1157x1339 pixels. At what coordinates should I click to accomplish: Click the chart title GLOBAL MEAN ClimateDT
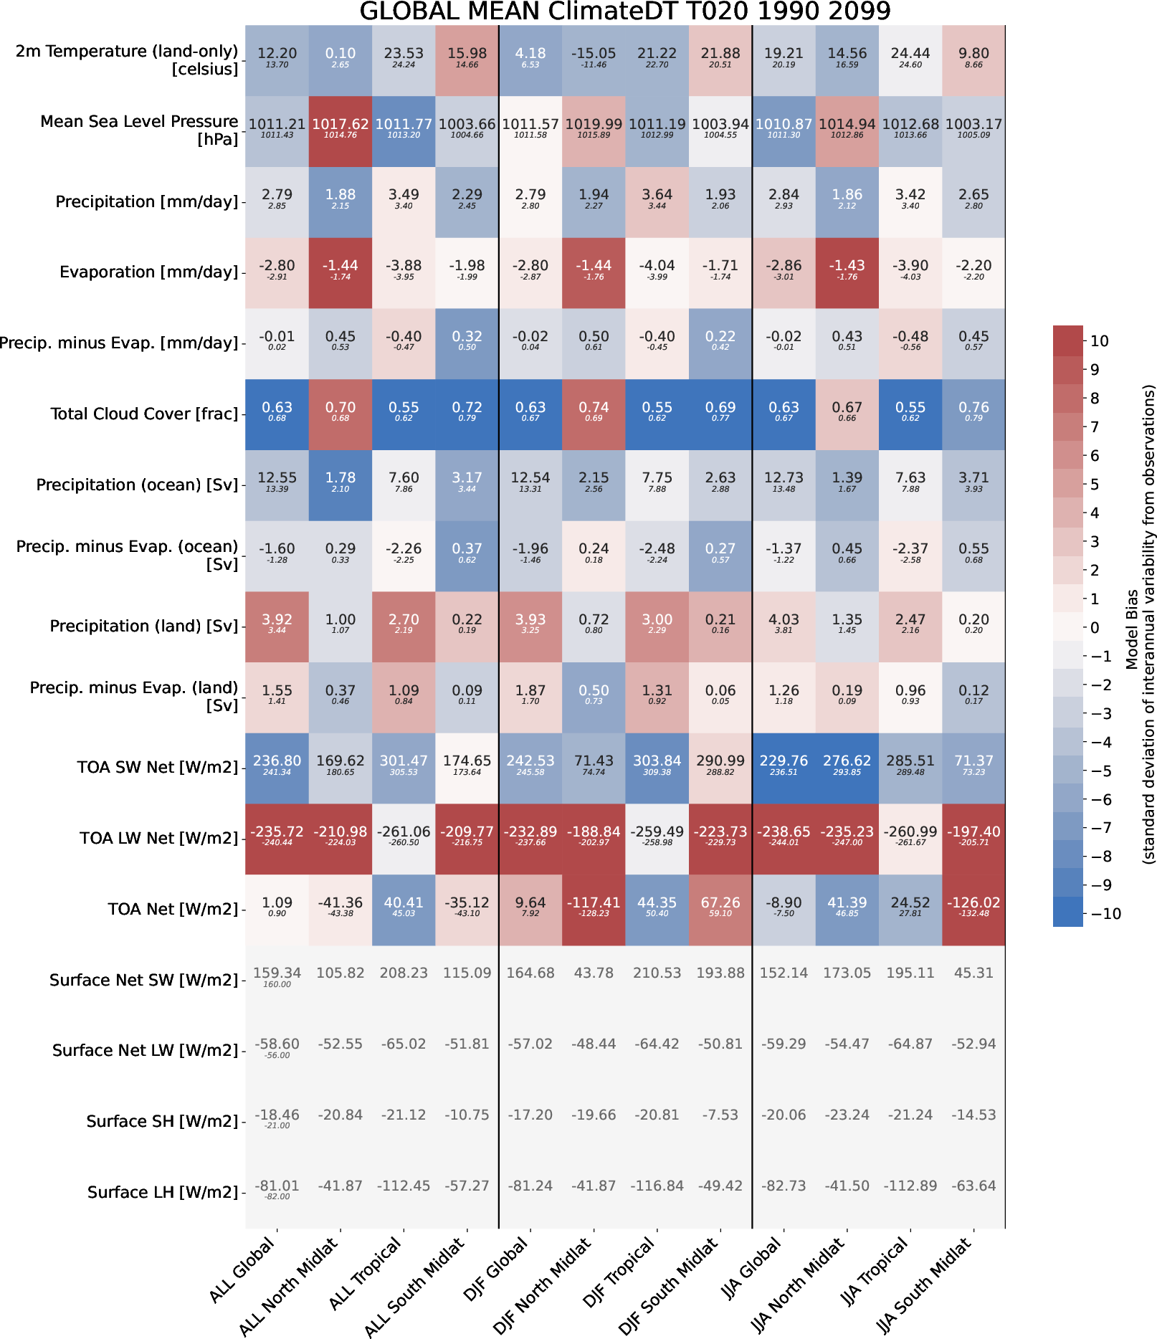pyautogui.click(x=624, y=11)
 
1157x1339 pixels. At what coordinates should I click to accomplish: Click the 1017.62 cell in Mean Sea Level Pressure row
pyautogui.click(x=341, y=131)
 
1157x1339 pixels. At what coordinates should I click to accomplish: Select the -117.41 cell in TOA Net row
pyautogui.click(x=594, y=910)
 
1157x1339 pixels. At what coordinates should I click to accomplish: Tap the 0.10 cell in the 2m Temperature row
pyautogui.click(x=341, y=60)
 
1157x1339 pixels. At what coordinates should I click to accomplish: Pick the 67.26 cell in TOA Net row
pyautogui.click(x=720, y=910)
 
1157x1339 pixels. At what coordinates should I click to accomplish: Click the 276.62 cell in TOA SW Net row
pyautogui.click(x=847, y=768)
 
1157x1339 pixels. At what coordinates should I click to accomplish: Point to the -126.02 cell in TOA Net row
pyautogui.click(x=973, y=910)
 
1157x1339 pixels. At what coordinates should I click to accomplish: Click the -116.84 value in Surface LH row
pyautogui.click(x=657, y=1186)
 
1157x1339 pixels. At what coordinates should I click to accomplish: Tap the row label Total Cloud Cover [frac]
pyautogui.click(x=144, y=414)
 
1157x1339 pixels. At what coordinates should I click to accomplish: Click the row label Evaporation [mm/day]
pyautogui.click(x=148, y=272)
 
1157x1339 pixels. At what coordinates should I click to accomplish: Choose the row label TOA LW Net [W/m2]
pyautogui.click(x=158, y=839)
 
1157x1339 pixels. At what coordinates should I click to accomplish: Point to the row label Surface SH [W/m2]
pyautogui.click(x=162, y=1122)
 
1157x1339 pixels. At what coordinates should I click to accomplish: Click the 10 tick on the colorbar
pyautogui.click(x=1100, y=341)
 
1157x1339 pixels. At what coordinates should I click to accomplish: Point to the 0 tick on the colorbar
pyautogui.click(x=1095, y=628)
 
